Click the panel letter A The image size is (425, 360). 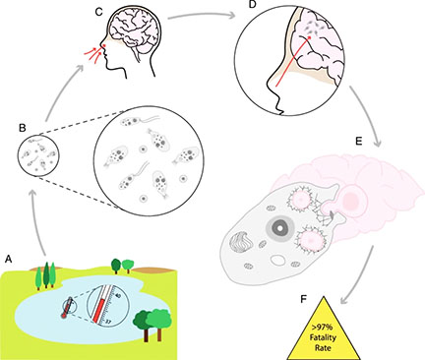[x=9, y=259]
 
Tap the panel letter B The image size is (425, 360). [x=23, y=128]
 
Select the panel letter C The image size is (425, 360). [x=99, y=12]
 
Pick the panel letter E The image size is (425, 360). [x=359, y=141]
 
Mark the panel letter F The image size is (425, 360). [x=304, y=299]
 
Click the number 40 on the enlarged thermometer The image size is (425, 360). [x=118, y=295]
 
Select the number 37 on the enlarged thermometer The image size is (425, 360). [x=109, y=322]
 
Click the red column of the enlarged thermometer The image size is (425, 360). [x=98, y=310]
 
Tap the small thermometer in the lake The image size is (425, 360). [x=67, y=308]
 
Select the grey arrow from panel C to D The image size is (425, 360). [x=203, y=14]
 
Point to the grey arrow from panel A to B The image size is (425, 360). [x=36, y=223]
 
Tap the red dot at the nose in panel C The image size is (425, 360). [x=104, y=45]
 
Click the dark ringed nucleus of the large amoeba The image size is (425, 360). [x=280, y=227]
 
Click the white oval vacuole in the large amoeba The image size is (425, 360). [x=278, y=260]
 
